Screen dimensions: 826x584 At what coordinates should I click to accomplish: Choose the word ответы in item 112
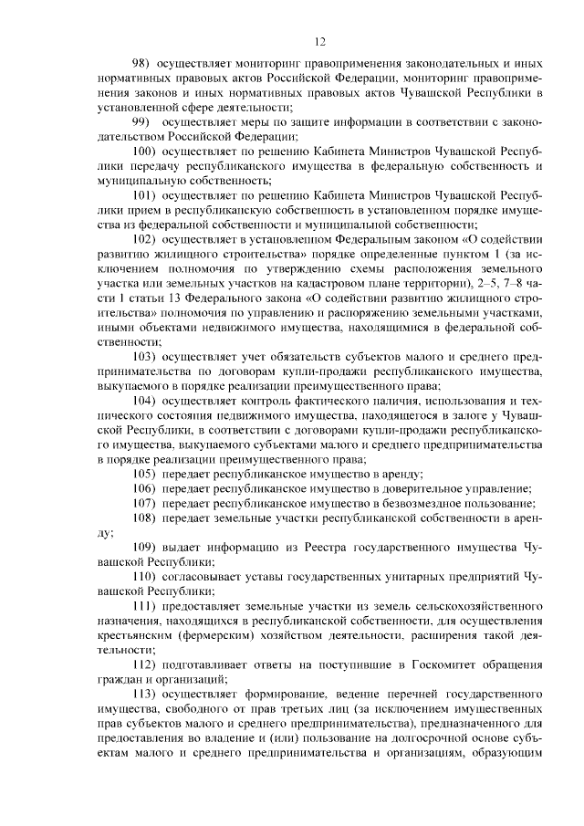tap(266, 664)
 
